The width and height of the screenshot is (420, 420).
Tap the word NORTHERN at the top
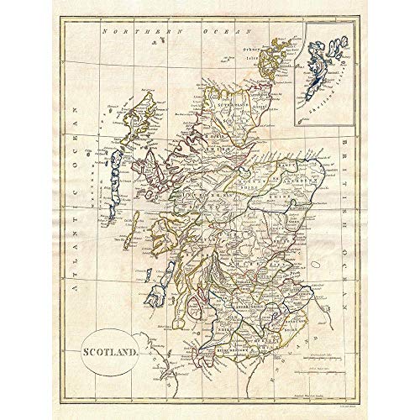tap(129, 32)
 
